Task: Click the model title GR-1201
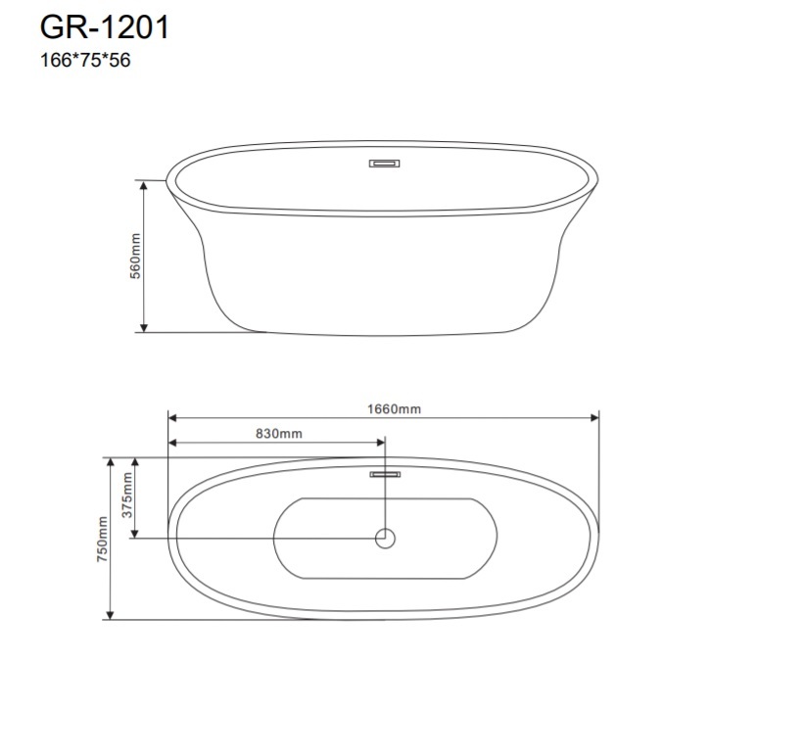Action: pos(105,27)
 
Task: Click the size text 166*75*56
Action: pos(85,60)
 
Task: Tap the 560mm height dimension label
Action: pos(135,257)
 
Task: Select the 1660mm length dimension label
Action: pos(394,409)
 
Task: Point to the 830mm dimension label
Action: pos(279,434)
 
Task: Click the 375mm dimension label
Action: pos(126,496)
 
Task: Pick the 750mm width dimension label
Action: pos(103,539)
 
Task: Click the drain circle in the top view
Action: pos(385,539)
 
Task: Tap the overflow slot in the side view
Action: pos(385,164)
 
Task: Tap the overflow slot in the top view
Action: pos(385,474)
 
